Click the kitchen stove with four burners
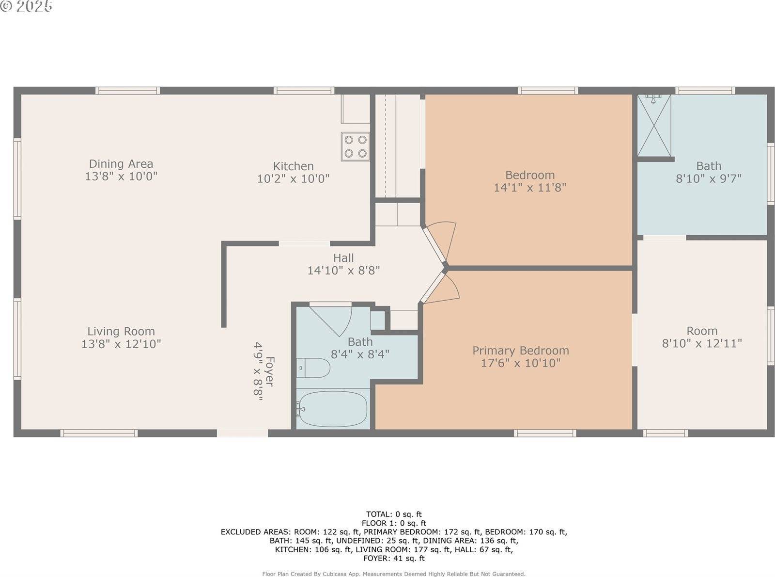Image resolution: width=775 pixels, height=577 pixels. pos(355,146)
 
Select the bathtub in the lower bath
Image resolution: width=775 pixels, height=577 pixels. pos(333,409)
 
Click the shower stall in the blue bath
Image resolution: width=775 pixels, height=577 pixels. pos(653,125)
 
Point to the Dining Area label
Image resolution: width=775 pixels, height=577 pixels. pos(121,164)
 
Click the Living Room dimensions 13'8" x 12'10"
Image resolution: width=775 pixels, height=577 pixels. pos(121,344)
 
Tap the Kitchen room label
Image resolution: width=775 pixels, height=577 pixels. pos(293,166)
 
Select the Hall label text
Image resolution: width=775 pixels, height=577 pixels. pos(343,258)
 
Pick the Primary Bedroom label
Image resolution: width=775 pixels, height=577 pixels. pos(520,351)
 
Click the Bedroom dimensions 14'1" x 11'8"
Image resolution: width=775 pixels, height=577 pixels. pos(529,188)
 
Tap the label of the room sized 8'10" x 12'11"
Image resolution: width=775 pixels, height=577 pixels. pos(701,331)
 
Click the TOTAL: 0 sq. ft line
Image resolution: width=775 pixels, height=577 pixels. pos(394,514)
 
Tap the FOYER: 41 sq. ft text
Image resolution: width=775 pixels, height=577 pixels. pos(394,558)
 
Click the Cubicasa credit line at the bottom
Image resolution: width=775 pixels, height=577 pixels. pos(394,574)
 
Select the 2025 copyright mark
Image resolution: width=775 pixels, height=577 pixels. pos(27,6)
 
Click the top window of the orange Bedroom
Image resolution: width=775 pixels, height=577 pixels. pos(547,91)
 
